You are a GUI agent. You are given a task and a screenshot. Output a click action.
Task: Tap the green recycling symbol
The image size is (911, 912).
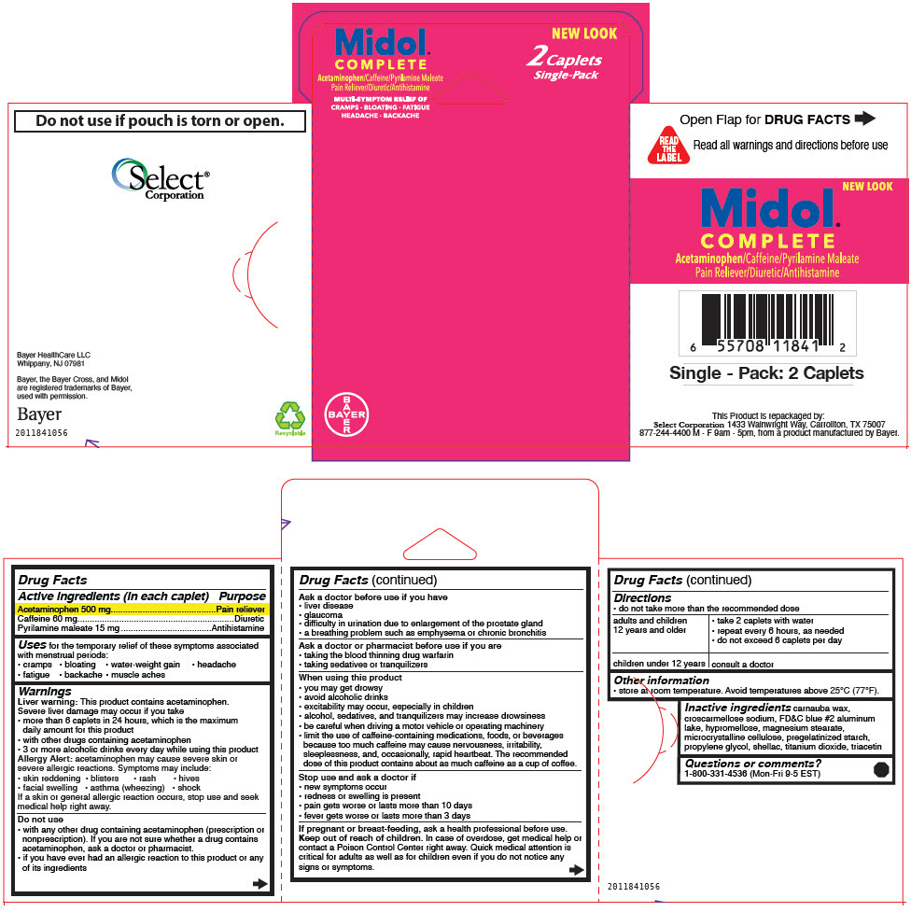coord(289,417)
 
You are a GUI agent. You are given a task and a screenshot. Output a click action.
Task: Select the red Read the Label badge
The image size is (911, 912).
coord(667,146)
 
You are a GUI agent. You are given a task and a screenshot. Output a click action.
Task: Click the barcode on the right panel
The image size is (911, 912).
coord(765,324)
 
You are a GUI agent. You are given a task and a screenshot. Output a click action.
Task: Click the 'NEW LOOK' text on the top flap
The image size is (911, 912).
coord(584,34)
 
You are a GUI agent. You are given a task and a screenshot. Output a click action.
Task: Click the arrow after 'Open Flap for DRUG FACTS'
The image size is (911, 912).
coord(865,119)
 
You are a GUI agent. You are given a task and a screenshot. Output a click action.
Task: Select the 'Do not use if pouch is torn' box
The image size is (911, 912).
coord(160,120)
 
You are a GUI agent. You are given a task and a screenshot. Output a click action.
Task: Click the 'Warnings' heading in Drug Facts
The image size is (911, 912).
coord(45,692)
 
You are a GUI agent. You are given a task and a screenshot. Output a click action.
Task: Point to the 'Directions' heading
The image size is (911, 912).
coord(642,597)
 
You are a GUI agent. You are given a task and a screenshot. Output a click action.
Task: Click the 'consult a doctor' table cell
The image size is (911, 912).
coord(743,664)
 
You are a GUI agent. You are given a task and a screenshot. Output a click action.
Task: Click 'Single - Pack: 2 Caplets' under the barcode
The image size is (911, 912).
coord(766,373)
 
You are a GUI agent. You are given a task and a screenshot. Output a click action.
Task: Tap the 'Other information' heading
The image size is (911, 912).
coord(661,680)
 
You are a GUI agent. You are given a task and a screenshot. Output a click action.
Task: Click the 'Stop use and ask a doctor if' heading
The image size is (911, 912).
coord(357,777)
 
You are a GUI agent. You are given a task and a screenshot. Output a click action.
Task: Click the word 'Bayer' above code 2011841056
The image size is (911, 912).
coord(39,414)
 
